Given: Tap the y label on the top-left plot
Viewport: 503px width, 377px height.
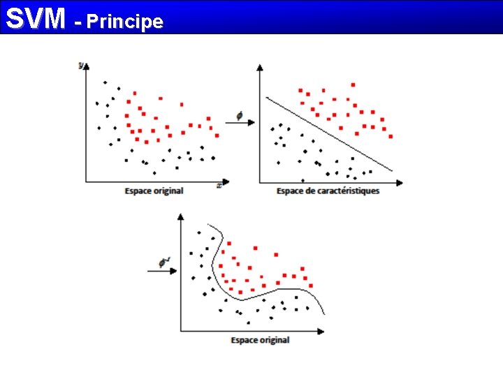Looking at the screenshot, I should (x=81, y=65).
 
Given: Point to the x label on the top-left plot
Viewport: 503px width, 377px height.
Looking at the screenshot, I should (x=219, y=186).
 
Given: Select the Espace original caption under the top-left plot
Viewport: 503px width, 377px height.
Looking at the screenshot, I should (x=154, y=191).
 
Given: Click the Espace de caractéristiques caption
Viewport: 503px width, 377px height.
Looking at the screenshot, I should (x=328, y=191).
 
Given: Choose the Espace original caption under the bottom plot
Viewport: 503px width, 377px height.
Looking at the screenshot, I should (x=260, y=340).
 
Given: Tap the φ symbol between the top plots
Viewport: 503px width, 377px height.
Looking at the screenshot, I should (x=239, y=116).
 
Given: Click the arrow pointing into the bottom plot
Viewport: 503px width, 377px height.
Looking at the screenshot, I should (x=162, y=272).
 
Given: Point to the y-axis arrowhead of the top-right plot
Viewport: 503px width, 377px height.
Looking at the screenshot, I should (x=260, y=67).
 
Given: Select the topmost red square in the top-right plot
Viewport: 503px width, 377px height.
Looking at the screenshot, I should (x=353, y=84).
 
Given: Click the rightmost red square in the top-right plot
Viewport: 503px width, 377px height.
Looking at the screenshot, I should (x=391, y=137).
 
